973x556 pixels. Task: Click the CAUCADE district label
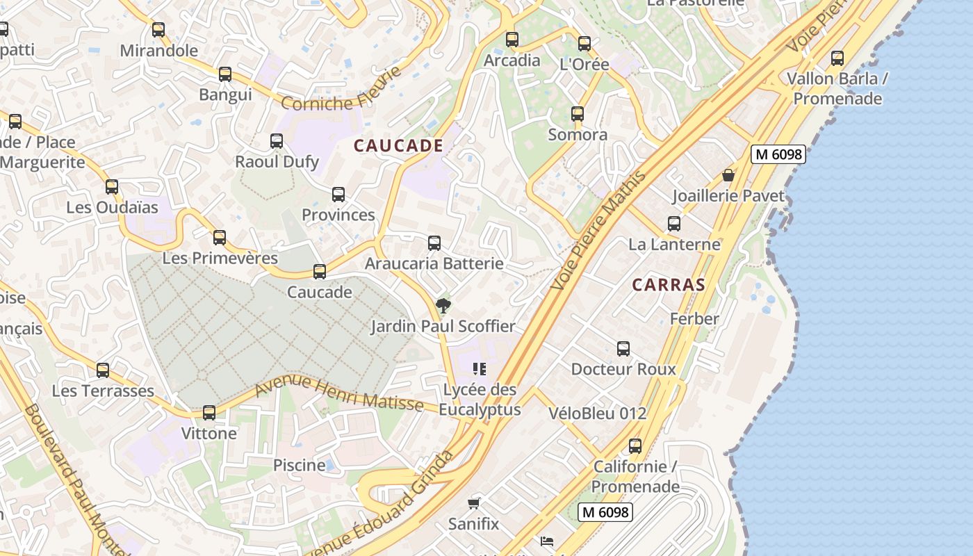point(398,145)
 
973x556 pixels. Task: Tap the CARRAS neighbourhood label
point(669,284)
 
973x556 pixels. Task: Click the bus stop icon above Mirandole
point(158,30)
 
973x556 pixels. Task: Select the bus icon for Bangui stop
point(224,74)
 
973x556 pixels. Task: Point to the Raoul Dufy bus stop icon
point(277,141)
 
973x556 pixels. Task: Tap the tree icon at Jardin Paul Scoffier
point(443,306)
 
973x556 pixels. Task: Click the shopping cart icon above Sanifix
point(474,503)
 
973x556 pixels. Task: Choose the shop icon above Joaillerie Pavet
point(728,175)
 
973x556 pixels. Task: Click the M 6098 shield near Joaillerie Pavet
point(778,154)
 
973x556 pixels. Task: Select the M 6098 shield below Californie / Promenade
point(605,512)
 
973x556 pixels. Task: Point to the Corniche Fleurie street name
point(342,90)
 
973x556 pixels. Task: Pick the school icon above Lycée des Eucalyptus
point(479,369)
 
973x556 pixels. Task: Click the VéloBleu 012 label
point(597,414)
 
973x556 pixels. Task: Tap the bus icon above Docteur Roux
point(623,349)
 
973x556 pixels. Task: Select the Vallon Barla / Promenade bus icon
point(837,58)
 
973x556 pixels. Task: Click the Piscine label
point(299,465)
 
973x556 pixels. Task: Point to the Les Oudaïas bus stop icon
point(112,187)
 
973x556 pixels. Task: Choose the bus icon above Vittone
point(208,413)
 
